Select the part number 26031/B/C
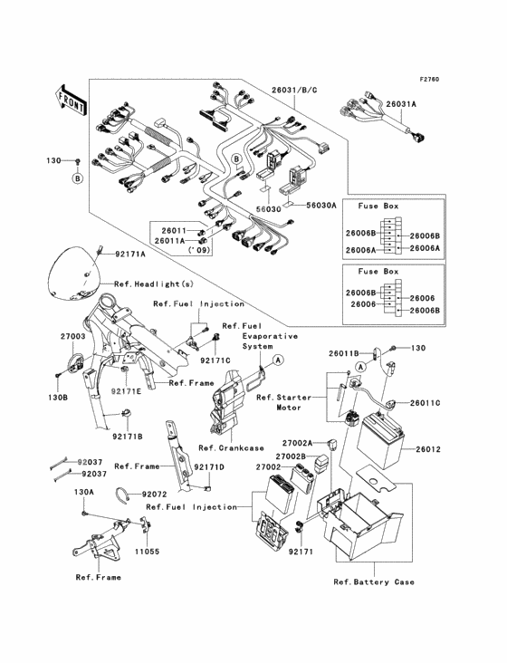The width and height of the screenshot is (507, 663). pos(296,91)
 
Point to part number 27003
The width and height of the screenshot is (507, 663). pos(72,336)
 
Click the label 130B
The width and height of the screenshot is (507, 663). pos(58,397)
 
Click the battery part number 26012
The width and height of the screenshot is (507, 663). pos(430,449)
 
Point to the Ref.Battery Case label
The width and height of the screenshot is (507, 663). pos(373,581)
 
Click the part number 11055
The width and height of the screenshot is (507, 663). pos(147,550)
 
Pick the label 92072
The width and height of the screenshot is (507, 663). pos(153,495)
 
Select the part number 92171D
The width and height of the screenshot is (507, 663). pos(208,466)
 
